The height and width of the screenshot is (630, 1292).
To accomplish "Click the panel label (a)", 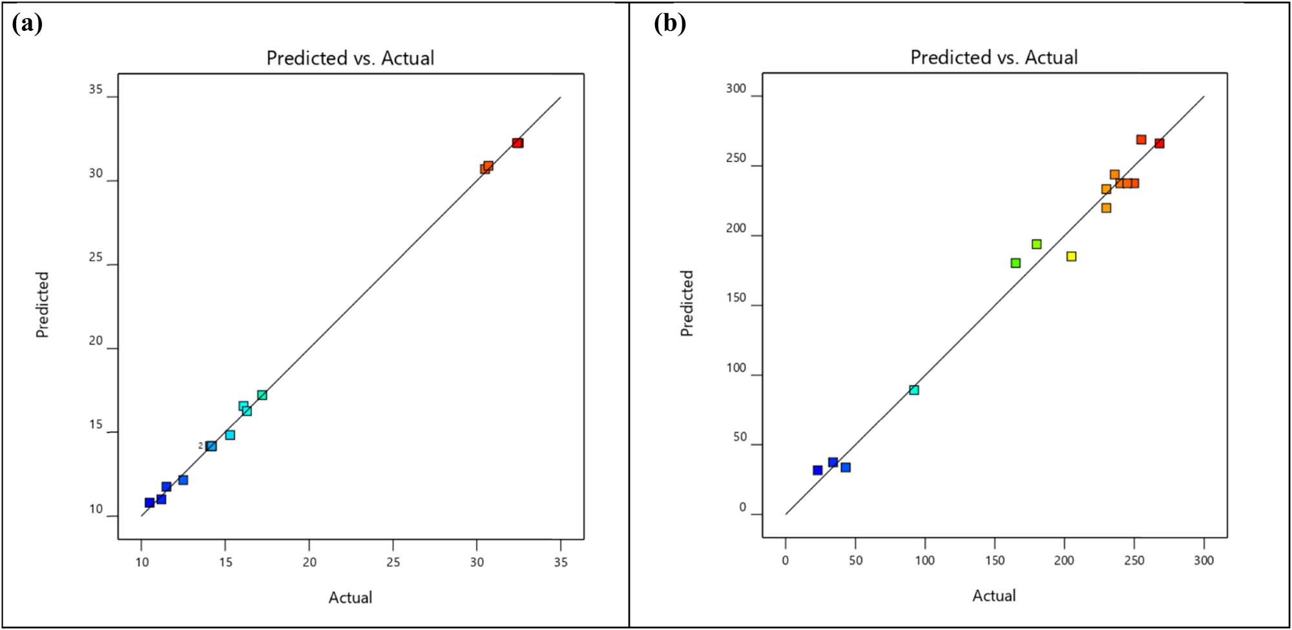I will (x=27, y=24).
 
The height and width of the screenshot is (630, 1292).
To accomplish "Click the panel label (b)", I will (x=670, y=24).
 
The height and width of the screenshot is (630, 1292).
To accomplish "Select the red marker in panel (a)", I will (x=517, y=143).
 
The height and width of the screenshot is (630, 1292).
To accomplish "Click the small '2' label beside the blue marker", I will (x=200, y=445).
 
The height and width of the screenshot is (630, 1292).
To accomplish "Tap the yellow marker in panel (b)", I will (x=1071, y=256).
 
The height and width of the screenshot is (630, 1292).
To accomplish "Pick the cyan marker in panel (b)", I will (x=914, y=390).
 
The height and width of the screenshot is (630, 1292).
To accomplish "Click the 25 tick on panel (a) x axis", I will (x=393, y=562).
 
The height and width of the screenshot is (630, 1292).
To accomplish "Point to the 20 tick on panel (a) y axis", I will (x=96, y=341).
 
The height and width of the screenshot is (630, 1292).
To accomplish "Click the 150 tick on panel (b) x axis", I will (x=995, y=560).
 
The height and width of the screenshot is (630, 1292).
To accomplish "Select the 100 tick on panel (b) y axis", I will (x=736, y=368).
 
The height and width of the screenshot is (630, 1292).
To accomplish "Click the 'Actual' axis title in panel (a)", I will (x=350, y=597).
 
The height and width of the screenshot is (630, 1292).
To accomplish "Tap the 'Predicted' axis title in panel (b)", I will (x=687, y=303).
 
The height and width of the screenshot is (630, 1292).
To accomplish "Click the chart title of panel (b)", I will (x=994, y=57).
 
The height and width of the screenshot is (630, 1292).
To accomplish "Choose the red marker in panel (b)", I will (x=1160, y=143).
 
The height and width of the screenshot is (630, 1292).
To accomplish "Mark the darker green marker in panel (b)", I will (x=1016, y=263).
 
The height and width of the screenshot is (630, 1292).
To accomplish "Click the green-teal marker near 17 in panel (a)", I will (x=262, y=395).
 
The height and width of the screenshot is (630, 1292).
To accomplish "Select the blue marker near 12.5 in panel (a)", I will (x=183, y=480).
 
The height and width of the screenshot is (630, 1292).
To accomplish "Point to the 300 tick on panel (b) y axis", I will (x=736, y=88).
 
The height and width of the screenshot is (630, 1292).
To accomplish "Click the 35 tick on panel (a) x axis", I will (x=561, y=562).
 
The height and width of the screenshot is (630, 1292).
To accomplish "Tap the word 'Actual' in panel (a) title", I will (x=407, y=58).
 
